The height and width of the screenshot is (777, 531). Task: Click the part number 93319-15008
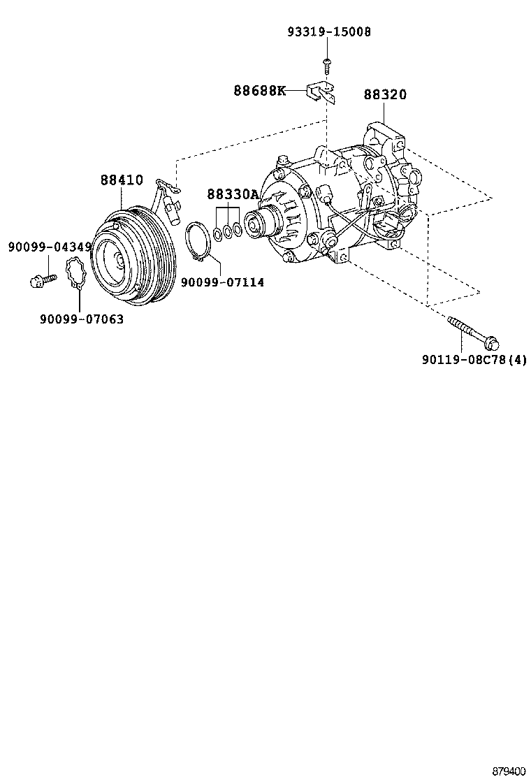click(x=328, y=32)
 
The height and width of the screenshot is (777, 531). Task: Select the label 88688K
click(x=259, y=91)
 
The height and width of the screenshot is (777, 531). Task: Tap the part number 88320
click(x=384, y=95)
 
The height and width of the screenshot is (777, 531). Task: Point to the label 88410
click(x=121, y=180)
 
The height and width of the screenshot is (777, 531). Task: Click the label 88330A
click(x=232, y=194)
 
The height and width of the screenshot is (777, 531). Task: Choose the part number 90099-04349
click(x=50, y=247)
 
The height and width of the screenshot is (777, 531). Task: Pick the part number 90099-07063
click(x=81, y=319)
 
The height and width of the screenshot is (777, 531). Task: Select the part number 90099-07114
click(x=222, y=282)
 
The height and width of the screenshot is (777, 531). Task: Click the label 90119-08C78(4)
click(x=474, y=360)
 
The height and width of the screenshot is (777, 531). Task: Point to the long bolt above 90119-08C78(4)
click(x=472, y=332)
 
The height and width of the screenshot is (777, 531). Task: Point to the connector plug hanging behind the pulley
click(x=171, y=208)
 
